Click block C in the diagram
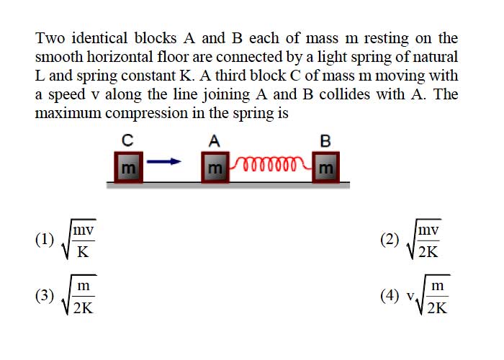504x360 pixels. pyautogui.click(x=129, y=167)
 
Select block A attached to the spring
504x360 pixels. pyautogui.click(x=215, y=167)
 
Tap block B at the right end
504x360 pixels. pyautogui.click(x=325, y=167)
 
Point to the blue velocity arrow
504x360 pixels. pyautogui.click(x=164, y=161)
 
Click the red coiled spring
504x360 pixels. pyautogui.click(x=271, y=163)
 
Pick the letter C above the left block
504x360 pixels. pyautogui.click(x=127, y=140)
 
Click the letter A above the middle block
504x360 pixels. pyautogui.click(x=215, y=141)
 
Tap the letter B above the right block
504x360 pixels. pyautogui.click(x=325, y=141)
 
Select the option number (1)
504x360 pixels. pyautogui.click(x=45, y=240)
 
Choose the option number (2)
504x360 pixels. pyautogui.click(x=390, y=240)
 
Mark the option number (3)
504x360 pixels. pyautogui.click(x=45, y=296)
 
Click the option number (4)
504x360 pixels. pyautogui.click(x=390, y=296)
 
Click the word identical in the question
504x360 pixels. pyautogui.click(x=99, y=38)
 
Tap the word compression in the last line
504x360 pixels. pyautogui.click(x=146, y=114)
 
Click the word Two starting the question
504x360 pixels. pyautogui.click(x=50, y=38)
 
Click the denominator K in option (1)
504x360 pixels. pyautogui.click(x=83, y=252)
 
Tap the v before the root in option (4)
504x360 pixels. pyautogui.click(x=410, y=296)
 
